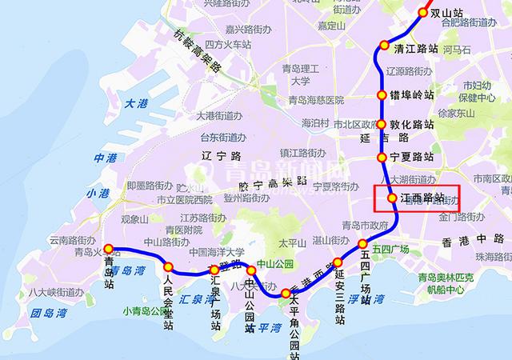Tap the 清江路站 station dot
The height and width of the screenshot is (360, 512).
(x=385, y=46)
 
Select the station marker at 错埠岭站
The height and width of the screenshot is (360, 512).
(x=382, y=95)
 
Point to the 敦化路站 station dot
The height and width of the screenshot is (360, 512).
(x=382, y=125)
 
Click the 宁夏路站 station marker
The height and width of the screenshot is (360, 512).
(x=382, y=156)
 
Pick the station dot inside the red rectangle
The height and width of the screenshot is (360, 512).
(x=392, y=198)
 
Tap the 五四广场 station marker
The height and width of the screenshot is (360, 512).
(x=362, y=244)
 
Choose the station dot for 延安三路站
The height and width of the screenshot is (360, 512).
(x=338, y=262)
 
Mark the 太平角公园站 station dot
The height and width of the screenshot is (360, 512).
(x=286, y=294)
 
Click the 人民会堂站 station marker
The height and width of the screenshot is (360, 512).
(x=169, y=266)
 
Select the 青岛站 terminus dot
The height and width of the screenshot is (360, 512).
(x=108, y=249)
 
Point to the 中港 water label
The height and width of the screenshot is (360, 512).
(x=105, y=158)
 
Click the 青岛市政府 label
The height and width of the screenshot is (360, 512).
(x=364, y=225)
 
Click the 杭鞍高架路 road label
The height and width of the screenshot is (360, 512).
(x=197, y=52)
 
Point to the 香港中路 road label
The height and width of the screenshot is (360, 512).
(x=471, y=241)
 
